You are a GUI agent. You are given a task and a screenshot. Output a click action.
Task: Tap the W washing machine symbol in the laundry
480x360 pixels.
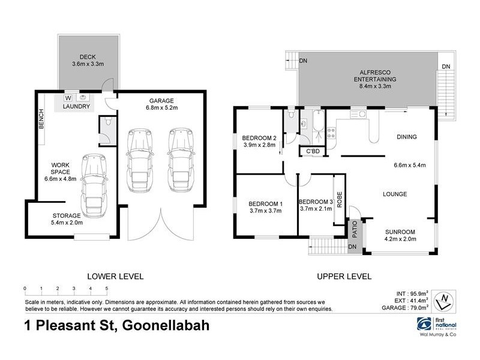click(x=68, y=98)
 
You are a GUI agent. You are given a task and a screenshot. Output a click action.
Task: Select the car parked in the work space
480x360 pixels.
click(x=92, y=185)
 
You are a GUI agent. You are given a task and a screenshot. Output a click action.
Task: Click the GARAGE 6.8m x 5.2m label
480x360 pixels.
click(x=159, y=105)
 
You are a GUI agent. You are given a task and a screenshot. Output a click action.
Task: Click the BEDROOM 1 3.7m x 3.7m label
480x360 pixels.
click(x=265, y=206)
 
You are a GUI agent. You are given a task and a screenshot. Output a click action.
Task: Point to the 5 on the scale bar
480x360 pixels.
click(x=106, y=289)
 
